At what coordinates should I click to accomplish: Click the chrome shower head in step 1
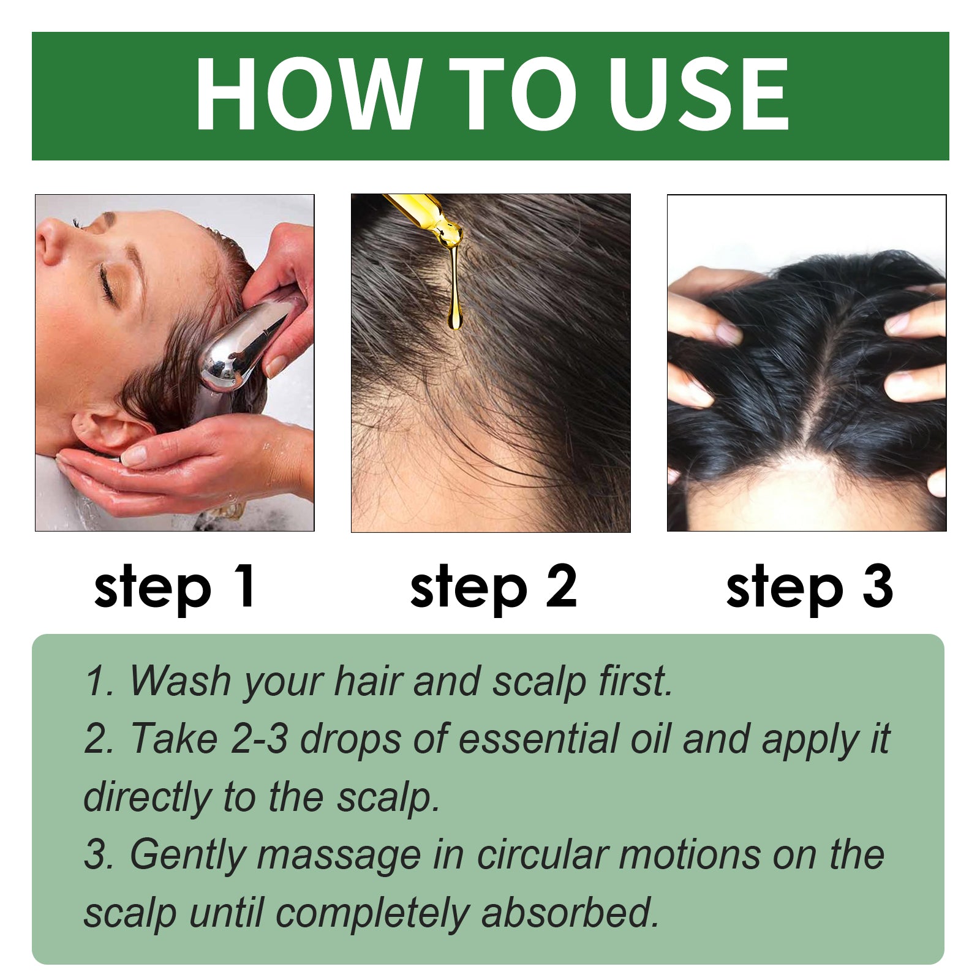pyautogui.click(x=242, y=349)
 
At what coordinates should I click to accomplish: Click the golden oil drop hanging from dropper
pyautogui.click(x=454, y=315)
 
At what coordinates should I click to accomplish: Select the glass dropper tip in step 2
pyautogui.click(x=444, y=230)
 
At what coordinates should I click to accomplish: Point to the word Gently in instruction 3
pyautogui.click(x=187, y=856)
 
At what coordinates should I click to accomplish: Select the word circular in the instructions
pyautogui.click(x=541, y=855)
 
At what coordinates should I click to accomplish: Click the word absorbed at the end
pyautogui.click(x=569, y=913)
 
